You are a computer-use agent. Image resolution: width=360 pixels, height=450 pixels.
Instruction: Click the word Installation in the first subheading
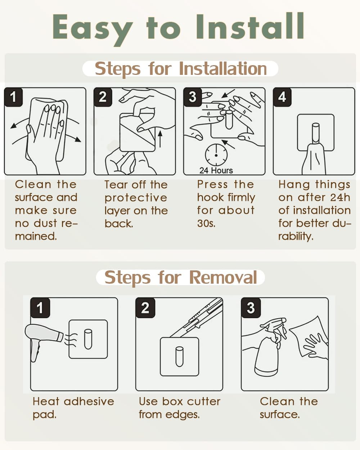coord(223,69)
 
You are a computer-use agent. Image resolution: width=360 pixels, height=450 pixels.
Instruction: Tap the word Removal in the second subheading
coord(223,278)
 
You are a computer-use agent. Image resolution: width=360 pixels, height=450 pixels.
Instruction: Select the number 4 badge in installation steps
coord(282,97)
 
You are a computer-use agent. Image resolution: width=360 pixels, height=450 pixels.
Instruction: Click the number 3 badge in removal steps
coord(251,307)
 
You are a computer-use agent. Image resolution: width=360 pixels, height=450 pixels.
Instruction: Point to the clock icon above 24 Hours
coord(216,155)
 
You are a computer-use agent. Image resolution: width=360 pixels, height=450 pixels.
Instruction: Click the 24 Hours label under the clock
coord(216,170)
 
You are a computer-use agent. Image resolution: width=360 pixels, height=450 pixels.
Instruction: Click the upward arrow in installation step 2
coord(160,139)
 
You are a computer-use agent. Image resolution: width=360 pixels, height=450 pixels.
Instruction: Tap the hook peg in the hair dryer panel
coord(88,339)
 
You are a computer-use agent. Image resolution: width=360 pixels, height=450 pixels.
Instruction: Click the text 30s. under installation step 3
coord(206,223)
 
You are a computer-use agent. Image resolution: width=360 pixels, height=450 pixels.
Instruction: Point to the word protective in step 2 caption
coord(136,198)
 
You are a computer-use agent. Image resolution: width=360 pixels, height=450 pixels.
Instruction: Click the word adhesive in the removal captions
coord(89,402)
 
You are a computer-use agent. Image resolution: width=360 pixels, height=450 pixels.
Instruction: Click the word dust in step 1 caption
coord(45,223)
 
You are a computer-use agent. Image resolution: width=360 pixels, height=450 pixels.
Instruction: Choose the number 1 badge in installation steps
coord(13,97)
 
